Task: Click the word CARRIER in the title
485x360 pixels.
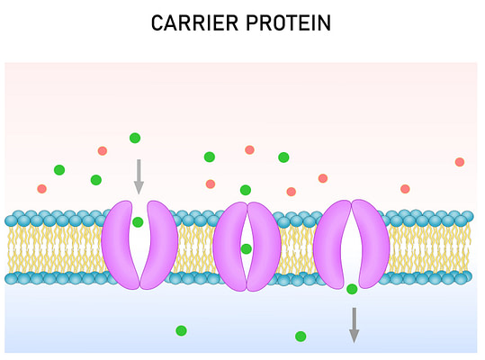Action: [195, 22]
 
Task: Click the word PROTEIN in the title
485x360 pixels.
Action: [289, 22]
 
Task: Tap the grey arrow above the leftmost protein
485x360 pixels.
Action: [139, 177]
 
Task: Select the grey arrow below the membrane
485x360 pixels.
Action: [355, 326]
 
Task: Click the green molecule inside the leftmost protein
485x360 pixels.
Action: [138, 222]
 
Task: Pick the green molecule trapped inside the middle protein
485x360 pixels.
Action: [246, 248]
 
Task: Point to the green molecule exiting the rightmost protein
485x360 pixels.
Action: [352, 289]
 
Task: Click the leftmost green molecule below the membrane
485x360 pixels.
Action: [181, 330]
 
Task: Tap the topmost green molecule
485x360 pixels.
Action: [135, 138]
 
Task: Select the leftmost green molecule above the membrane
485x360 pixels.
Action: [59, 170]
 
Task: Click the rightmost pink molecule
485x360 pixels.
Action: [460, 162]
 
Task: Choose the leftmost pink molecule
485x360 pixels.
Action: [41, 189]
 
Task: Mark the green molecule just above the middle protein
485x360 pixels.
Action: [246, 190]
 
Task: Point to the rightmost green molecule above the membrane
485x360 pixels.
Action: [283, 157]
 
